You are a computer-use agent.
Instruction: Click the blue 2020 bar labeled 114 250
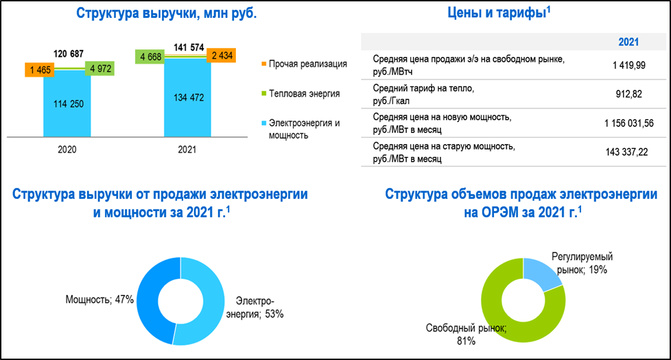[x=67, y=104]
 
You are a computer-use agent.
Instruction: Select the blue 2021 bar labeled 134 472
[x=187, y=97]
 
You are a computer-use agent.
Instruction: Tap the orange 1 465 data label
[x=40, y=70]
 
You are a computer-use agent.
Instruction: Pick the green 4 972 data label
[x=100, y=69]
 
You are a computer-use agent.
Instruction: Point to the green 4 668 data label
[x=150, y=56]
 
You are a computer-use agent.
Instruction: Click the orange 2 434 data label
[x=221, y=55]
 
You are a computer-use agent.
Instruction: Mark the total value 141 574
[x=189, y=47]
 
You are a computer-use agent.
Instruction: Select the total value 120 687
[x=69, y=53]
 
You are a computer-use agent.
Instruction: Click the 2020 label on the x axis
[x=67, y=149]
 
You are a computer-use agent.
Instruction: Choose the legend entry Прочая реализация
[x=304, y=64]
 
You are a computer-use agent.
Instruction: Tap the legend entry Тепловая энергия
[x=301, y=94]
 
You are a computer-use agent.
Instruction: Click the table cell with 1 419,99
[x=628, y=65]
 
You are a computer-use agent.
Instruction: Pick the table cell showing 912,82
[x=628, y=94]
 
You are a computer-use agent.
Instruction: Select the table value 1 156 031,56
[x=628, y=123]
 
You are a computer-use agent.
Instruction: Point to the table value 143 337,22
[x=626, y=152]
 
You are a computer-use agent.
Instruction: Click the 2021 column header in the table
[x=628, y=42]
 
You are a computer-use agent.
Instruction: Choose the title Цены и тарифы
[x=499, y=13]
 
